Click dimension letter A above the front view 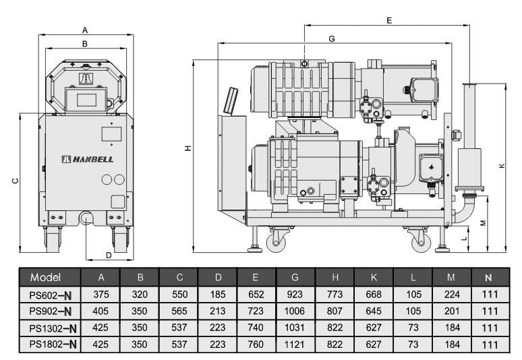(84, 30)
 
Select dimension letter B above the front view (84, 44)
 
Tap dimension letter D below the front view (109, 254)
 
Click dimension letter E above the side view (389, 21)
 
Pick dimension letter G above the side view (331, 39)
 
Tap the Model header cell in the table (45, 278)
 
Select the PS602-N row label (51, 295)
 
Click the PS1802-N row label (51, 343)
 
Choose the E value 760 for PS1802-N (256, 343)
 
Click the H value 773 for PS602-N (335, 295)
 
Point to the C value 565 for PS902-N (179, 311)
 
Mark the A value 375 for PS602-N (101, 295)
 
